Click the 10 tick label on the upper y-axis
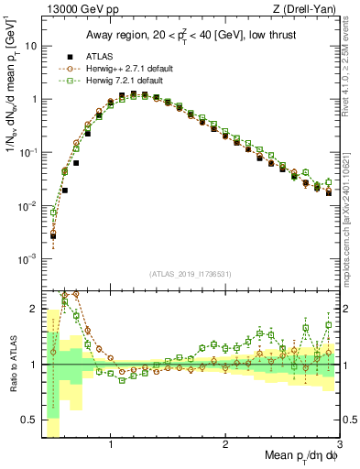(x=29, y=46)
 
